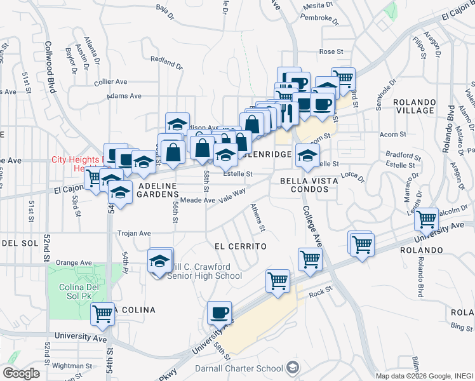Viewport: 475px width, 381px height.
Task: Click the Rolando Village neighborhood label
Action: tap(414, 106)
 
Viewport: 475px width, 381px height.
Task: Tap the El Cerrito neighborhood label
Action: tap(239, 246)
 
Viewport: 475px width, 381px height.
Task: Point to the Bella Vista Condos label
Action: tap(307, 184)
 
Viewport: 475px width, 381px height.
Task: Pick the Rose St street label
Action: tap(331, 51)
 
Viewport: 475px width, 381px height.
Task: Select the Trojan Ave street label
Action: tap(133, 233)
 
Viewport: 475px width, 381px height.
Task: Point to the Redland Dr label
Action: tap(166, 64)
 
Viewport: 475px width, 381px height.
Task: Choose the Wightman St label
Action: tap(73, 365)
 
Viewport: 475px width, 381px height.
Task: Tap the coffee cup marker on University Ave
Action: tap(220, 313)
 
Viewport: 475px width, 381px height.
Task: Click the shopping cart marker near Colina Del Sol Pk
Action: tap(102, 314)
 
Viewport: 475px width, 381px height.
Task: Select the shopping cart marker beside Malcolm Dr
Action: tap(426, 220)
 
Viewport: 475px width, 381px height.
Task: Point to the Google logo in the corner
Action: tap(22, 373)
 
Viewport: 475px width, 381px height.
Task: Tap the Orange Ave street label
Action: tap(74, 262)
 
